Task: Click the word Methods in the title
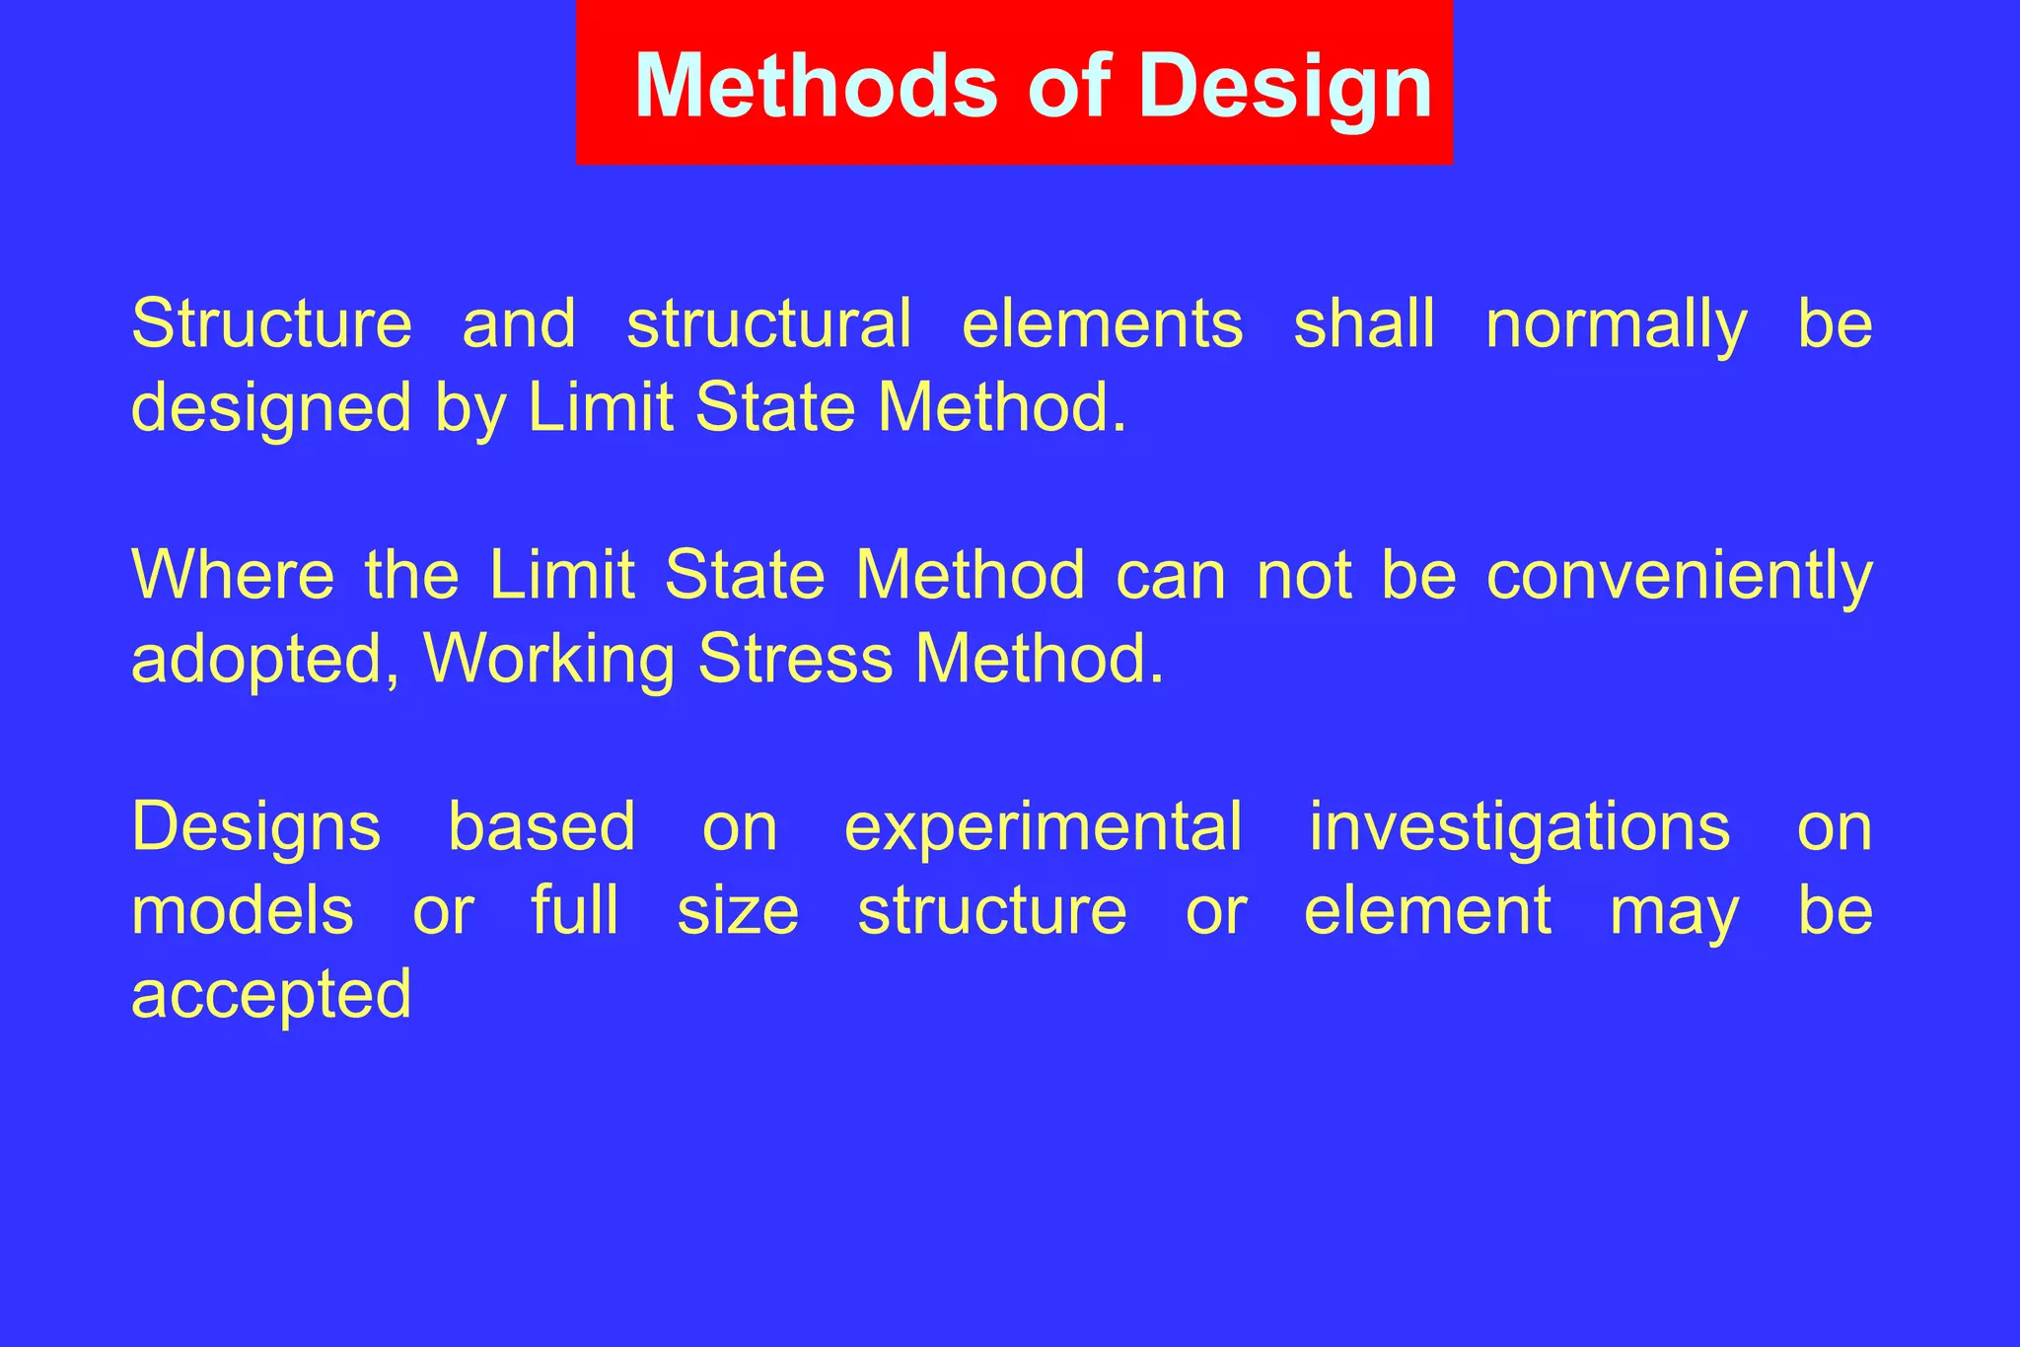coord(817,86)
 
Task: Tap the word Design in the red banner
coord(1284,86)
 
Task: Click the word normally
coord(1616,323)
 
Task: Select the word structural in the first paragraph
coord(768,323)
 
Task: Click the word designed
coord(271,408)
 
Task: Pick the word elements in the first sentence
coord(1102,323)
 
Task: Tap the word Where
coord(233,575)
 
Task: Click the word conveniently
coord(1679,575)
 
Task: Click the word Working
coord(548,660)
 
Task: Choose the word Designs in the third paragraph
coord(255,826)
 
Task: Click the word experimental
coord(1043,826)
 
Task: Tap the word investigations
coord(1519,826)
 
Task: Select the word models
coord(242,910)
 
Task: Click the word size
coord(738,910)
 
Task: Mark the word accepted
coord(271,994)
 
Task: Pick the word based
coord(541,826)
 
